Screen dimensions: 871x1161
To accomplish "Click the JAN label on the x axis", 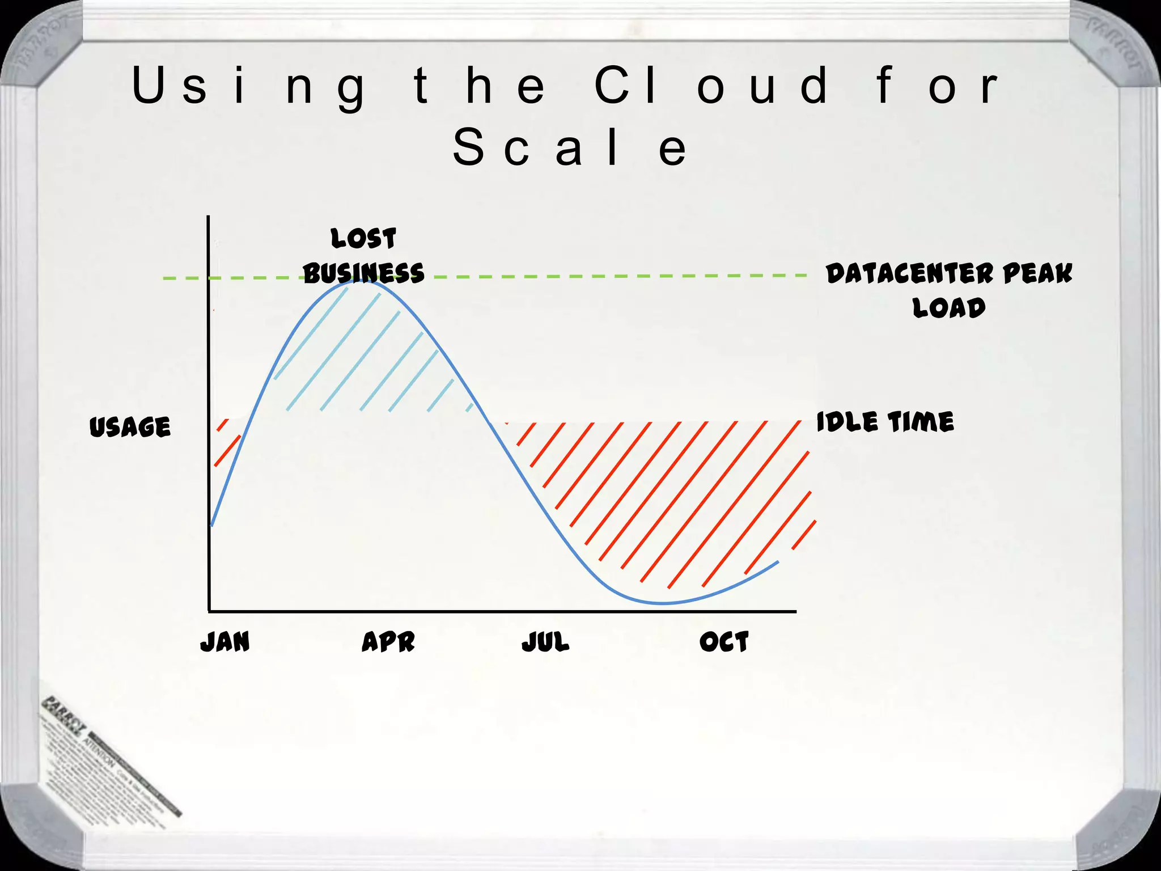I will coord(225,642).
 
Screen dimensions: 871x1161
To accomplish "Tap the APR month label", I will coord(388,642).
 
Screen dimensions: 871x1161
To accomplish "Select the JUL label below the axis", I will coord(545,642).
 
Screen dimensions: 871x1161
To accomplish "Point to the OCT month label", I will coord(724,642).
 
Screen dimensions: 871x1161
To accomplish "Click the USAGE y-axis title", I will coord(130,426).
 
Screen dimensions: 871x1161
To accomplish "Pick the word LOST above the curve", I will coord(363,238).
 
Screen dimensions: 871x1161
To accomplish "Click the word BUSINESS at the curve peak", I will coord(363,273).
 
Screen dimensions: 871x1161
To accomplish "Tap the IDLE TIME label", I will coord(885,422).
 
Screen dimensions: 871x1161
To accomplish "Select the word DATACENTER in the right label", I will coord(909,273).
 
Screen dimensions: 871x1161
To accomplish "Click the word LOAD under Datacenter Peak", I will coord(948,308).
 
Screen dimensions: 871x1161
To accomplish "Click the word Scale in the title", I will coord(570,147).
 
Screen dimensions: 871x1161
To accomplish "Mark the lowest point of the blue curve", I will coord(662,603).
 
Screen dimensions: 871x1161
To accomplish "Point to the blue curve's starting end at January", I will coord(212,525).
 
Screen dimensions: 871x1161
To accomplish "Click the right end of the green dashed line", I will coord(805,276).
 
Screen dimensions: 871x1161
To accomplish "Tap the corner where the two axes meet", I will coord(209,611).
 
